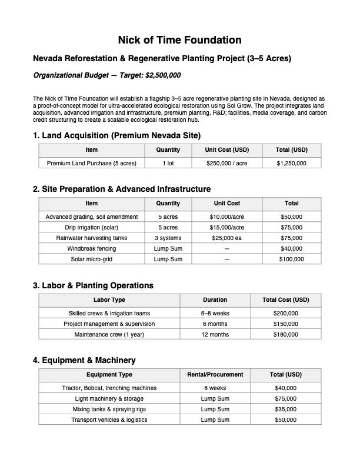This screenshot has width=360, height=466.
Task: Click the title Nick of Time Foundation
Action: pos(179,40)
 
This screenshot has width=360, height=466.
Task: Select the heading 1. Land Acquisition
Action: pos(117,135)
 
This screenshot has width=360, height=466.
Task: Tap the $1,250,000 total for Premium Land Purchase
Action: pos(291,163)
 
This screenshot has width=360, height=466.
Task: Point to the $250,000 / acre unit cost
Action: pos(226,163)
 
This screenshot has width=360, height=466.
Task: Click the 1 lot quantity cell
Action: pos(168,163)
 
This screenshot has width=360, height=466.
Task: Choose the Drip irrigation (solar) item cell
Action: pos(92,227)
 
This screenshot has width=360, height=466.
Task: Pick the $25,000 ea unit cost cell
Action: pos(226,238)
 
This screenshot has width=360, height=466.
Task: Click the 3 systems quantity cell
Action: pos(168,238)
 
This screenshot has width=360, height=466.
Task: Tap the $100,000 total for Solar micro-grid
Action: pos(291,259)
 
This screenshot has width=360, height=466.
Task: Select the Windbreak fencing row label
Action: pos(92,248)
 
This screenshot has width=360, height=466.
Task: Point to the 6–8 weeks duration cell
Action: pos(215,313)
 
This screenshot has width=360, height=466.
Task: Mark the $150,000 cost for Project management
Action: pos(286,324)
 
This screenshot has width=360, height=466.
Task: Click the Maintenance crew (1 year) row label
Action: pos(109,334)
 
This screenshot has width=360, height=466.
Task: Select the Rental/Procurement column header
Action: pos(215,374)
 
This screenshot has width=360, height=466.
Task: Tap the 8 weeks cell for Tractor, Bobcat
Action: pos(215,388)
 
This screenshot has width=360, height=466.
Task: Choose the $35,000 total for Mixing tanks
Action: pos(286,409)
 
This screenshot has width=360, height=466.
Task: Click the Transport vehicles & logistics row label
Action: pos(109,420)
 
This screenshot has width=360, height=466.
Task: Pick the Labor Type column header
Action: pos(109,299)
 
